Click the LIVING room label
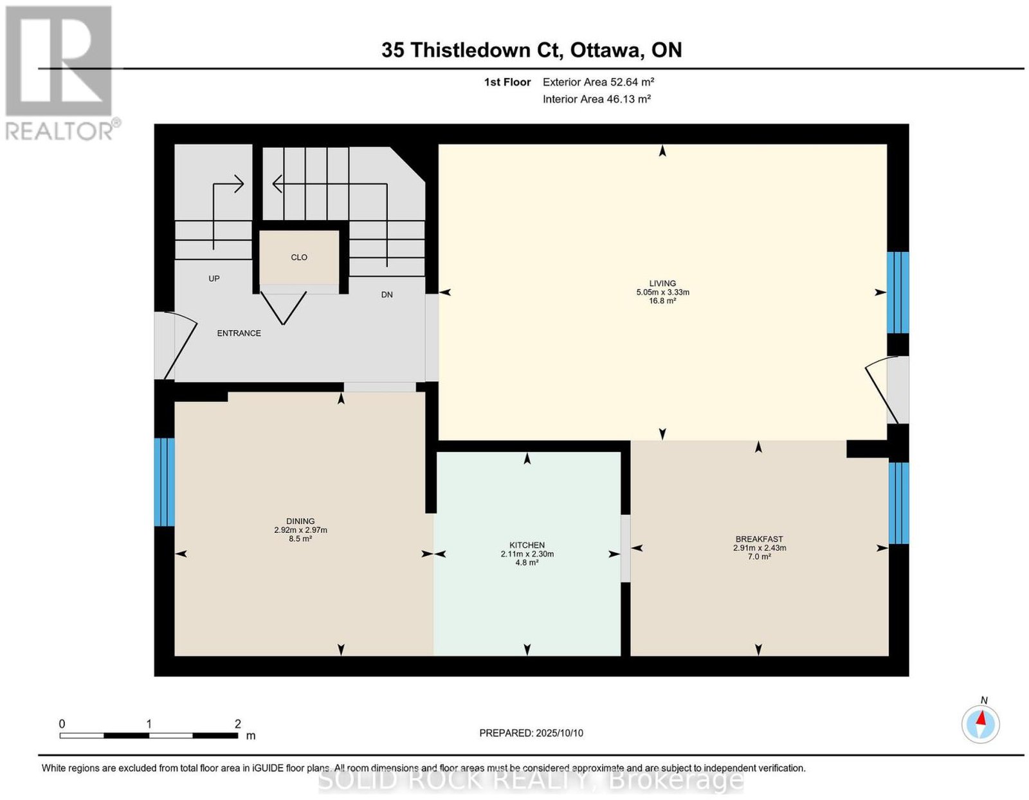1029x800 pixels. [662, 284]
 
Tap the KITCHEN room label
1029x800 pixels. [527, 545]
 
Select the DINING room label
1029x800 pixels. [300, 521]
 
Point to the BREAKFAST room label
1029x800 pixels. [759, 539]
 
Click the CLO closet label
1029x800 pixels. [299, 257]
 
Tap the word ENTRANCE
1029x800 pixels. [239, 333]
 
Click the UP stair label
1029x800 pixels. [214, 279]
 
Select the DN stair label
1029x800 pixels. [387, 295]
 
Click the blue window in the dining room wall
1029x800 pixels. [164, 482]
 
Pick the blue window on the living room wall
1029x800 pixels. [897, 293]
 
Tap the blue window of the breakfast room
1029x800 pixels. [898, 503]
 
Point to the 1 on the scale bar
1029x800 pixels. [149, 724]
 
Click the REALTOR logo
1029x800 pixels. [61, 73]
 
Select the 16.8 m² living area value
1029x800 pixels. [662, 301]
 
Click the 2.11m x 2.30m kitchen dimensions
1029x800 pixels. [527, 553]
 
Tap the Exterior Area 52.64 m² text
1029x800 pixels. [598, 82]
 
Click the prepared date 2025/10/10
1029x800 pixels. [560, 733]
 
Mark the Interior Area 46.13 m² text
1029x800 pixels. [597, 99]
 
